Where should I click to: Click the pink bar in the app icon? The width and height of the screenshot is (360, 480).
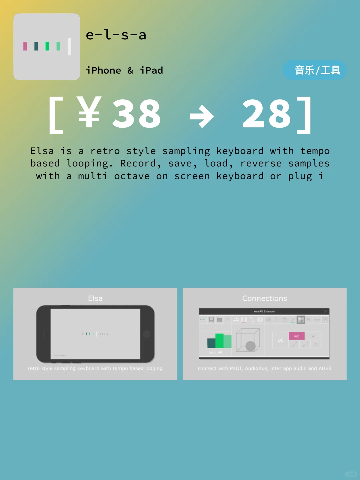(25, 46)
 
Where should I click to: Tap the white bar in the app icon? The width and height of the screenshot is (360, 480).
(69, 46)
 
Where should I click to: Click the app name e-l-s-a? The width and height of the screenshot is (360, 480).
(116, 35)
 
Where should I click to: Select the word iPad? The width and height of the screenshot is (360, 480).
(151, 70)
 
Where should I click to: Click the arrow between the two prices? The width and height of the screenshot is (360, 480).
(202, 116)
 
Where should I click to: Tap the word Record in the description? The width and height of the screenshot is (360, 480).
(138, 163)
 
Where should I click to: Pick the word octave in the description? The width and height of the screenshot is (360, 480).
(132, 176)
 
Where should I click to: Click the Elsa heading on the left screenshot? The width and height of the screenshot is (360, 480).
(95, 298)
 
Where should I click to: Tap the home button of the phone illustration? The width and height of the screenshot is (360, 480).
(147, 334)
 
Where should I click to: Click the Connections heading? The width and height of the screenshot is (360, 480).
(264, 298)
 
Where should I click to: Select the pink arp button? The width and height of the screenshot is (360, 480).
(297, 336)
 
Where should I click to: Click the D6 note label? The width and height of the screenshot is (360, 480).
(280, 340)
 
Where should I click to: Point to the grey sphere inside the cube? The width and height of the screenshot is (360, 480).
(250, 346)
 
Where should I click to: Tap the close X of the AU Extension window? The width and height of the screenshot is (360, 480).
(326, 311)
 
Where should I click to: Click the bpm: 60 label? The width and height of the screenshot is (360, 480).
(215, 352)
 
